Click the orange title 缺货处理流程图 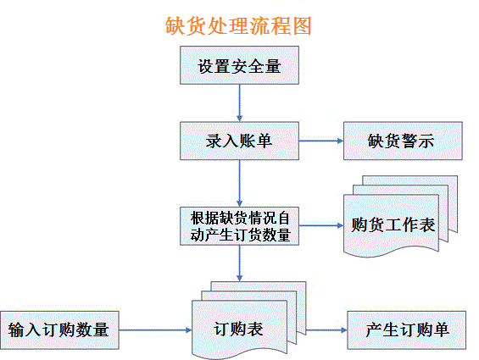[x=238, y=25]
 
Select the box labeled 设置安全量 [x=239, y=65]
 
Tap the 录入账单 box [x=239, y=141]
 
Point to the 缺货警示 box [x=403, y=141]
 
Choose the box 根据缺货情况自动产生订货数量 [x=239, y=226]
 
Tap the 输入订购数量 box [x=59, y=330]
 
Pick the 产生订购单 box [x=407, y=330]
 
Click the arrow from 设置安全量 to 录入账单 [x=239, y=103]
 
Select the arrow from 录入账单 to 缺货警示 [x=321, y=141]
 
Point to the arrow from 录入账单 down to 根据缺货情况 [x=239, y=183]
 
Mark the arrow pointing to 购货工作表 [x=321, y=225]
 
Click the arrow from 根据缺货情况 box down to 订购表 [x=239, y=263]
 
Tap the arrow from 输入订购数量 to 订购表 [x=155, y=330]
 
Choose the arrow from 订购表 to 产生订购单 [x=326, y=330]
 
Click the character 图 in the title [x=302, y=25]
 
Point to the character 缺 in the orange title [x=175, y=25]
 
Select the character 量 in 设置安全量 [x=273, y=66]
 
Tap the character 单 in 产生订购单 [x=441, y=330]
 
